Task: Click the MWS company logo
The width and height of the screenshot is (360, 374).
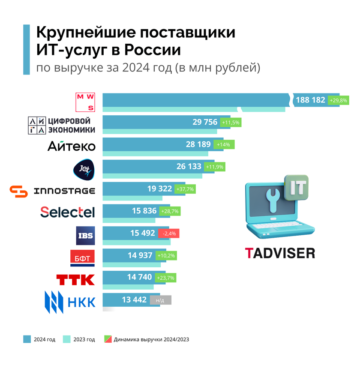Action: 85,102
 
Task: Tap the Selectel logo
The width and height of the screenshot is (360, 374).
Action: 67,212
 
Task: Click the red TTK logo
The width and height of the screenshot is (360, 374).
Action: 75,279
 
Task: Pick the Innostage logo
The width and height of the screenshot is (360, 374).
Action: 52,191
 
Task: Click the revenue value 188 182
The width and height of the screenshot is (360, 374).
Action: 310,100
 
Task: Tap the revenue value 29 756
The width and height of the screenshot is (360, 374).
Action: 205,122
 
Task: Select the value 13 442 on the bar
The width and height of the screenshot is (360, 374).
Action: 134,300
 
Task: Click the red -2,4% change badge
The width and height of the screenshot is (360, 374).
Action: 168,234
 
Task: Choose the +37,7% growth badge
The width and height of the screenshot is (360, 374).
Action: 184,189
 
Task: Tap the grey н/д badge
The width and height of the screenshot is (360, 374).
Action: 160,300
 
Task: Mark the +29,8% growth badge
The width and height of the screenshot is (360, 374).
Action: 338,100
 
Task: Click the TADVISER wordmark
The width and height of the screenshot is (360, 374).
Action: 280,253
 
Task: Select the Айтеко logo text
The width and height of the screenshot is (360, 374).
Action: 71,146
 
